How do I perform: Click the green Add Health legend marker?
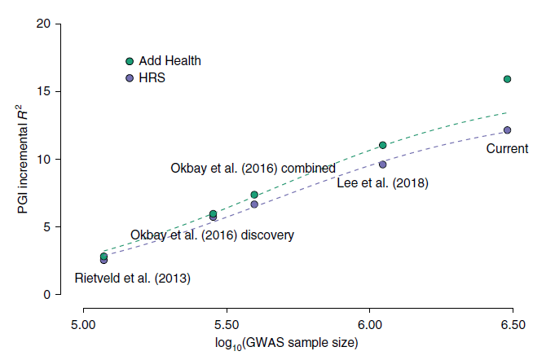point(130,61)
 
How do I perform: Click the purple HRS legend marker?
point(130,78)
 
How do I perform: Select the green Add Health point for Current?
point(507,79)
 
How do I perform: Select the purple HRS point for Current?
point(507,130)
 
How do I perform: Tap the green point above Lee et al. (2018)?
point(382,146)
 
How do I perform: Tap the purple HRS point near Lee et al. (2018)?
point(382,165)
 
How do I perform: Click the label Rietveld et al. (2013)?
point(132,279)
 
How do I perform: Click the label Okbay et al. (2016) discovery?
point(212,235)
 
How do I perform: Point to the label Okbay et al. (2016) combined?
point(253,169)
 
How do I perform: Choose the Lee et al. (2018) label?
point(382,183)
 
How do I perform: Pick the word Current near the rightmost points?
point(507,148)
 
